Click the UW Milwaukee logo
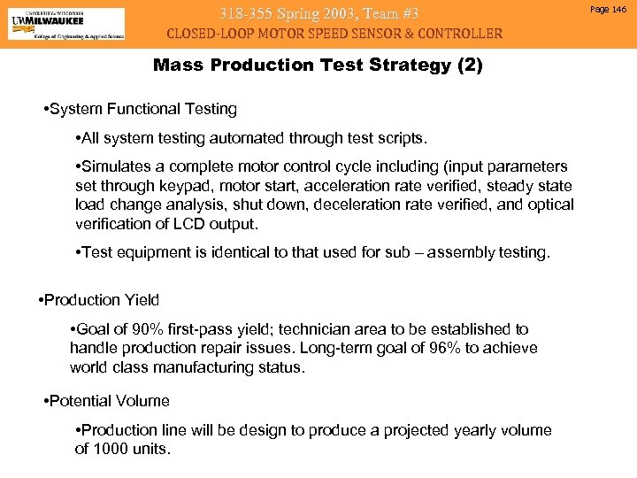(x=66, y=24)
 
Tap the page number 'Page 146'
(x=606, y=9)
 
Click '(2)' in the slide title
(x=467, y=66)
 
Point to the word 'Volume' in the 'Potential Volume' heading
(x=142, y=401)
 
